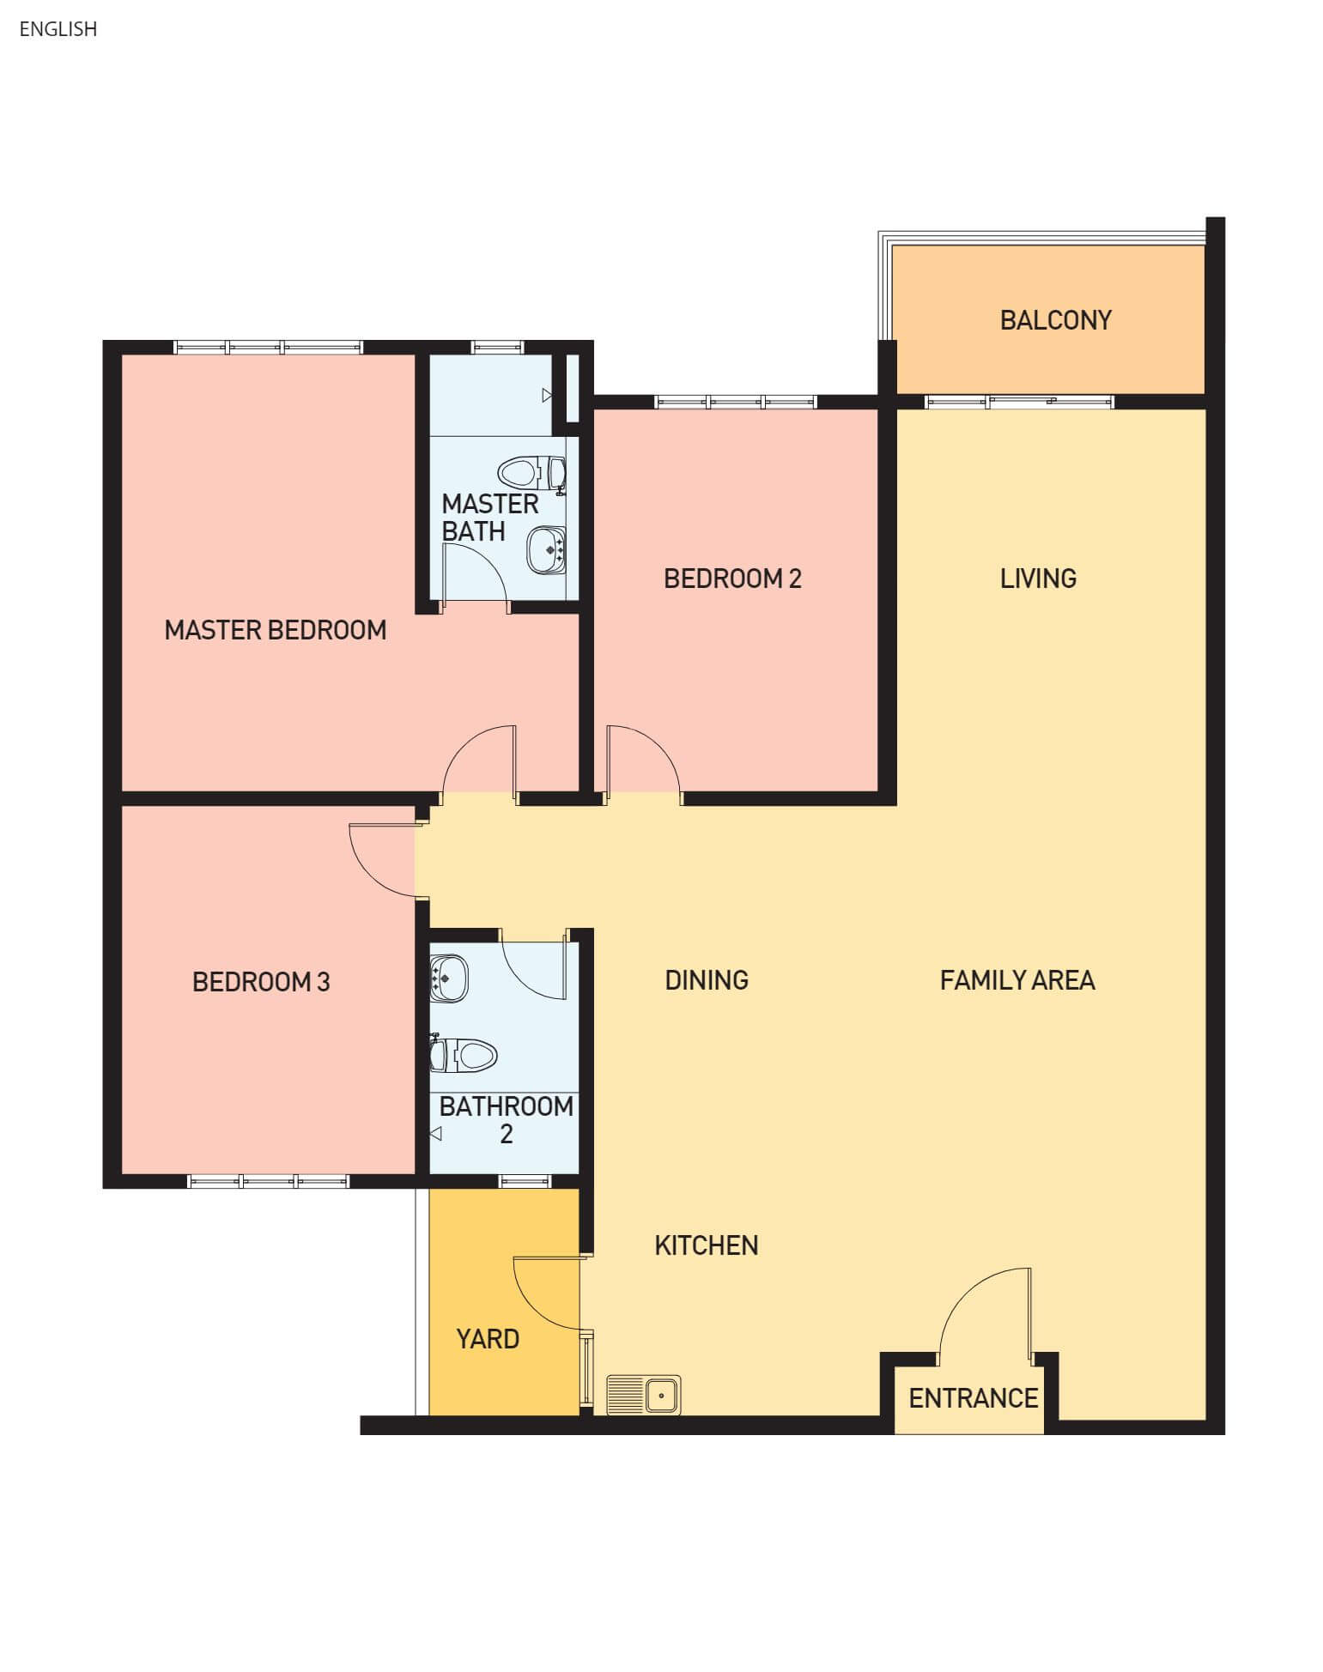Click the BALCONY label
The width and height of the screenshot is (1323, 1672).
(x=1055, y=320)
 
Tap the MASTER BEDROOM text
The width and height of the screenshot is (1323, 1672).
(x=276, y=630)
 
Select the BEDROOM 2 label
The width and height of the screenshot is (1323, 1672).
(x=732, y=579)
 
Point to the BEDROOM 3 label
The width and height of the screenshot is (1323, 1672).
(x=261, y=982)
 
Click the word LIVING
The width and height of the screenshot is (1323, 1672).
(x=1038, y=579)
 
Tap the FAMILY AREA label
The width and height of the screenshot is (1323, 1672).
(x=1017, y=980)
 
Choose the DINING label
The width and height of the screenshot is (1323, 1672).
(x=707, y=980)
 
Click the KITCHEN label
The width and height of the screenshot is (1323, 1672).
(x=707, y=1245)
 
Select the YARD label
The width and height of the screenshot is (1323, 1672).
(x=488, y=1339)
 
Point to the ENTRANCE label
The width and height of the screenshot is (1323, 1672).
(x=974, y=1398)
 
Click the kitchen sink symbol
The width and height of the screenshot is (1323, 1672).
(x=643, y=1395)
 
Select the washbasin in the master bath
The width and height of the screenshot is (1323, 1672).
(x=546, y=550)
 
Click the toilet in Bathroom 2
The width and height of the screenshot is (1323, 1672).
(x=464, y=1054)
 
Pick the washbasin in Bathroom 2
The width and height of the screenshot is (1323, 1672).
(x=448, y=978)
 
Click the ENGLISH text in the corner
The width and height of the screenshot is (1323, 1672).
(x=58, y=29)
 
